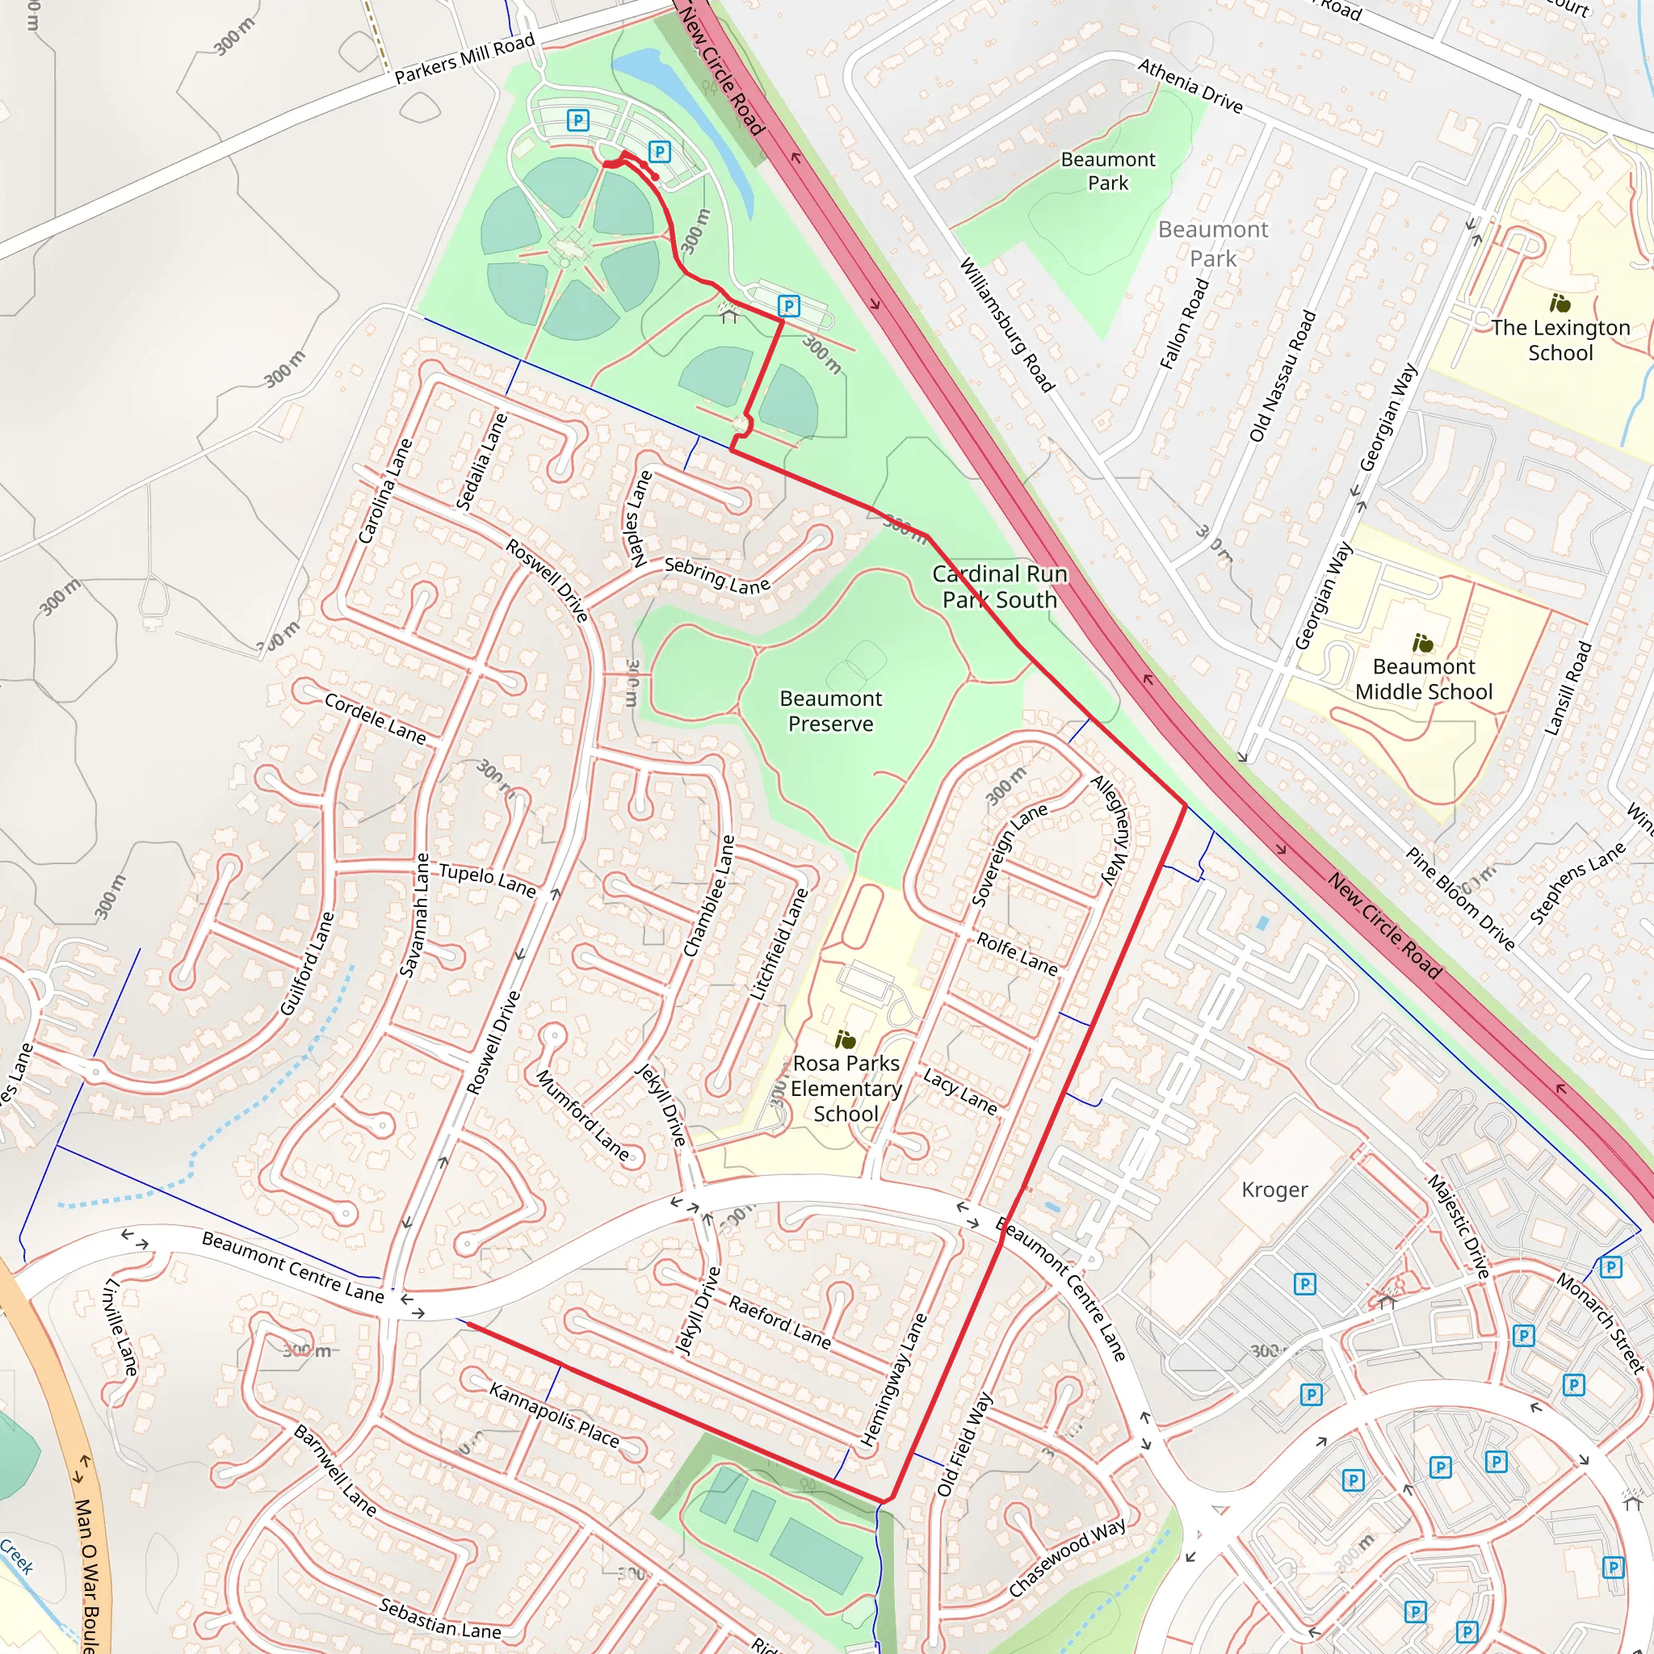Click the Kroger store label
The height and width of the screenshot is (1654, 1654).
coord(1274,1190)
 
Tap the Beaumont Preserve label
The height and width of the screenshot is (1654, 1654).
coord(830,712)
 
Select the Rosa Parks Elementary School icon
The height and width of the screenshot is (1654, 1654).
coord(845,1040)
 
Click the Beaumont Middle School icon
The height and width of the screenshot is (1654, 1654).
coord(1423,643)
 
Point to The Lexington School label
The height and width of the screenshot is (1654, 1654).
coord(1560,340)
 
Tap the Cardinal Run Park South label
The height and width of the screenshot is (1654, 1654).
coord(999,586)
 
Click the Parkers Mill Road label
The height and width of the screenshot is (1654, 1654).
coord(465,58)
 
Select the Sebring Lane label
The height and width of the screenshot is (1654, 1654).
coord(717,576)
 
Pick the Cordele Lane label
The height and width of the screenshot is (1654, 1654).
coord(375,718)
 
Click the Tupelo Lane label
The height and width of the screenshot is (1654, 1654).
coord(487,880)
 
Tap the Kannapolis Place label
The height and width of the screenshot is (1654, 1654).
coord(554,1414)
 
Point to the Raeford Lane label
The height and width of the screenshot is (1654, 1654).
coord(779,1322)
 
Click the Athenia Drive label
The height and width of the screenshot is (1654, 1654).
coord(1190,86)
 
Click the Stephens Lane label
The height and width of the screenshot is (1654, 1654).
coord(1577,884)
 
